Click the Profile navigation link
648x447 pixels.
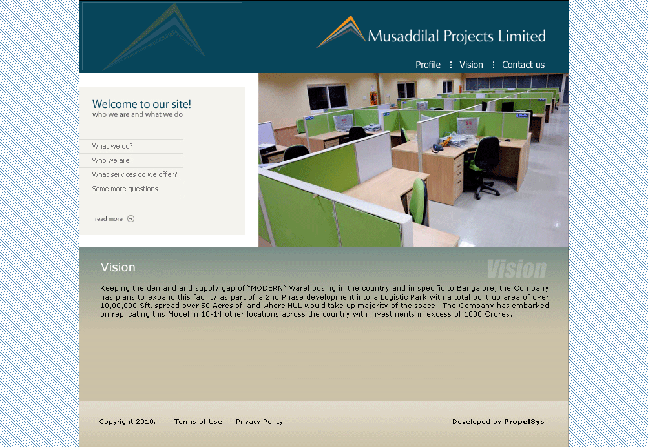pos(428,65)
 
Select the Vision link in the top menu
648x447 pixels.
pos(471,65)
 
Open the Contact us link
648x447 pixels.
pos(523,65)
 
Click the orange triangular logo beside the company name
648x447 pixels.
pos(341,32)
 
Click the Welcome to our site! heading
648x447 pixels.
pos(141,104)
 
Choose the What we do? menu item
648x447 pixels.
pos(112,146)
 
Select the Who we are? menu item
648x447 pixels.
pos(112,160)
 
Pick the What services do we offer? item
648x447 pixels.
pos(135,174)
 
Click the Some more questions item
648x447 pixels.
pos(125,189)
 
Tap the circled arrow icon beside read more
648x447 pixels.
pos(131,218)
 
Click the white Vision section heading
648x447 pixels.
pos(118,267)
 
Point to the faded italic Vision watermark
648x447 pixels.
pos(517,269)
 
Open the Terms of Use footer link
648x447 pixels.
pos(198,421)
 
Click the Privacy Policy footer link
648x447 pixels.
pos(259,421)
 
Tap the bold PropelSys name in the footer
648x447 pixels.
pos(524,421)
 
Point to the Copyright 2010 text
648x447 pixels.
pos(127,421)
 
